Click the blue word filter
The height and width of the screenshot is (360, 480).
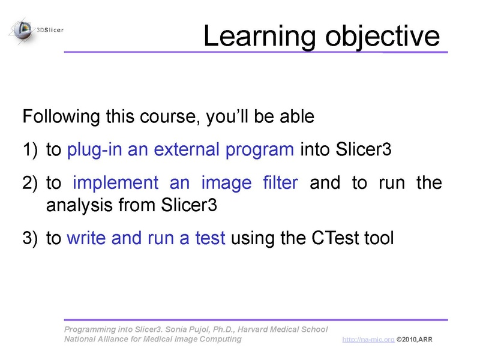(280, 183)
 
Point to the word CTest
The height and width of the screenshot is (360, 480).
(336, 238)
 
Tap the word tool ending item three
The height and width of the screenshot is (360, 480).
(379, 238)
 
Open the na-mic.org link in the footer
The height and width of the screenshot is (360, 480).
(368, 340)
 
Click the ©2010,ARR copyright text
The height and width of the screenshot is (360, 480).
(414, 340)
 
